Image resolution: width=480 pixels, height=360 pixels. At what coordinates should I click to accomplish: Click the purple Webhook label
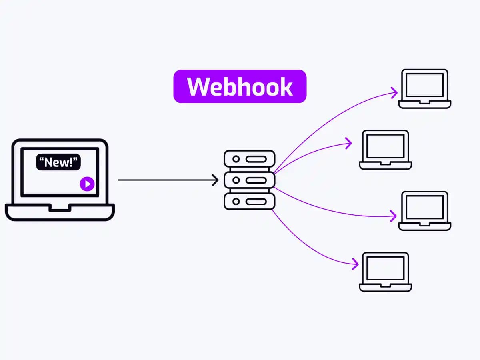[x=240, y=86]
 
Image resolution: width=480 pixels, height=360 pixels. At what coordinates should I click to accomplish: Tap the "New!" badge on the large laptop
[x=58, y=162]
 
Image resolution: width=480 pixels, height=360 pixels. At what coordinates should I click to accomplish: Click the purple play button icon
[x=87, y=184]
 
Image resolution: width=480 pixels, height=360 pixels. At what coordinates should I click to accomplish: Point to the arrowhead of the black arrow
[x=216, y=180]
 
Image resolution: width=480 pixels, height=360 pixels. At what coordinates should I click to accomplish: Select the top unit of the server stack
[x=249, y=159]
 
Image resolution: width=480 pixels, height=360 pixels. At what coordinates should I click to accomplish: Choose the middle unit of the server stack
[x=249, y=180]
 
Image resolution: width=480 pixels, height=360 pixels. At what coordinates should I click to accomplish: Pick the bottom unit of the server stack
[x=249, y=201]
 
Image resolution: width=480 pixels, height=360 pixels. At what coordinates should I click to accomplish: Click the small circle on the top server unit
[x=236, y=159]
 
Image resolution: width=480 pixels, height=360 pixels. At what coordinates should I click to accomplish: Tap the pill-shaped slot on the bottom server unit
[x=256, y=202]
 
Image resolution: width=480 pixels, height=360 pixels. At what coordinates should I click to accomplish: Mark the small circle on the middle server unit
[x=236, y=180]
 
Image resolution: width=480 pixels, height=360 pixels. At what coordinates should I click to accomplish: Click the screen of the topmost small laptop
[x=424, y=85]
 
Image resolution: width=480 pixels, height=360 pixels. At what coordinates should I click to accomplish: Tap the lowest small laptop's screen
[x=386, y=268]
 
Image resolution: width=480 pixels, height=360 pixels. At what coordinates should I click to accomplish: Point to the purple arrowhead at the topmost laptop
[x=395, y=93]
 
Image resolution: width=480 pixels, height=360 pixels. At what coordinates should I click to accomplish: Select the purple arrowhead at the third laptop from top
[x=394, y=216]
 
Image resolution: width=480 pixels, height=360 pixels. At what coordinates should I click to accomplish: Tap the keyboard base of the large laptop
[x=60, y=212]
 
